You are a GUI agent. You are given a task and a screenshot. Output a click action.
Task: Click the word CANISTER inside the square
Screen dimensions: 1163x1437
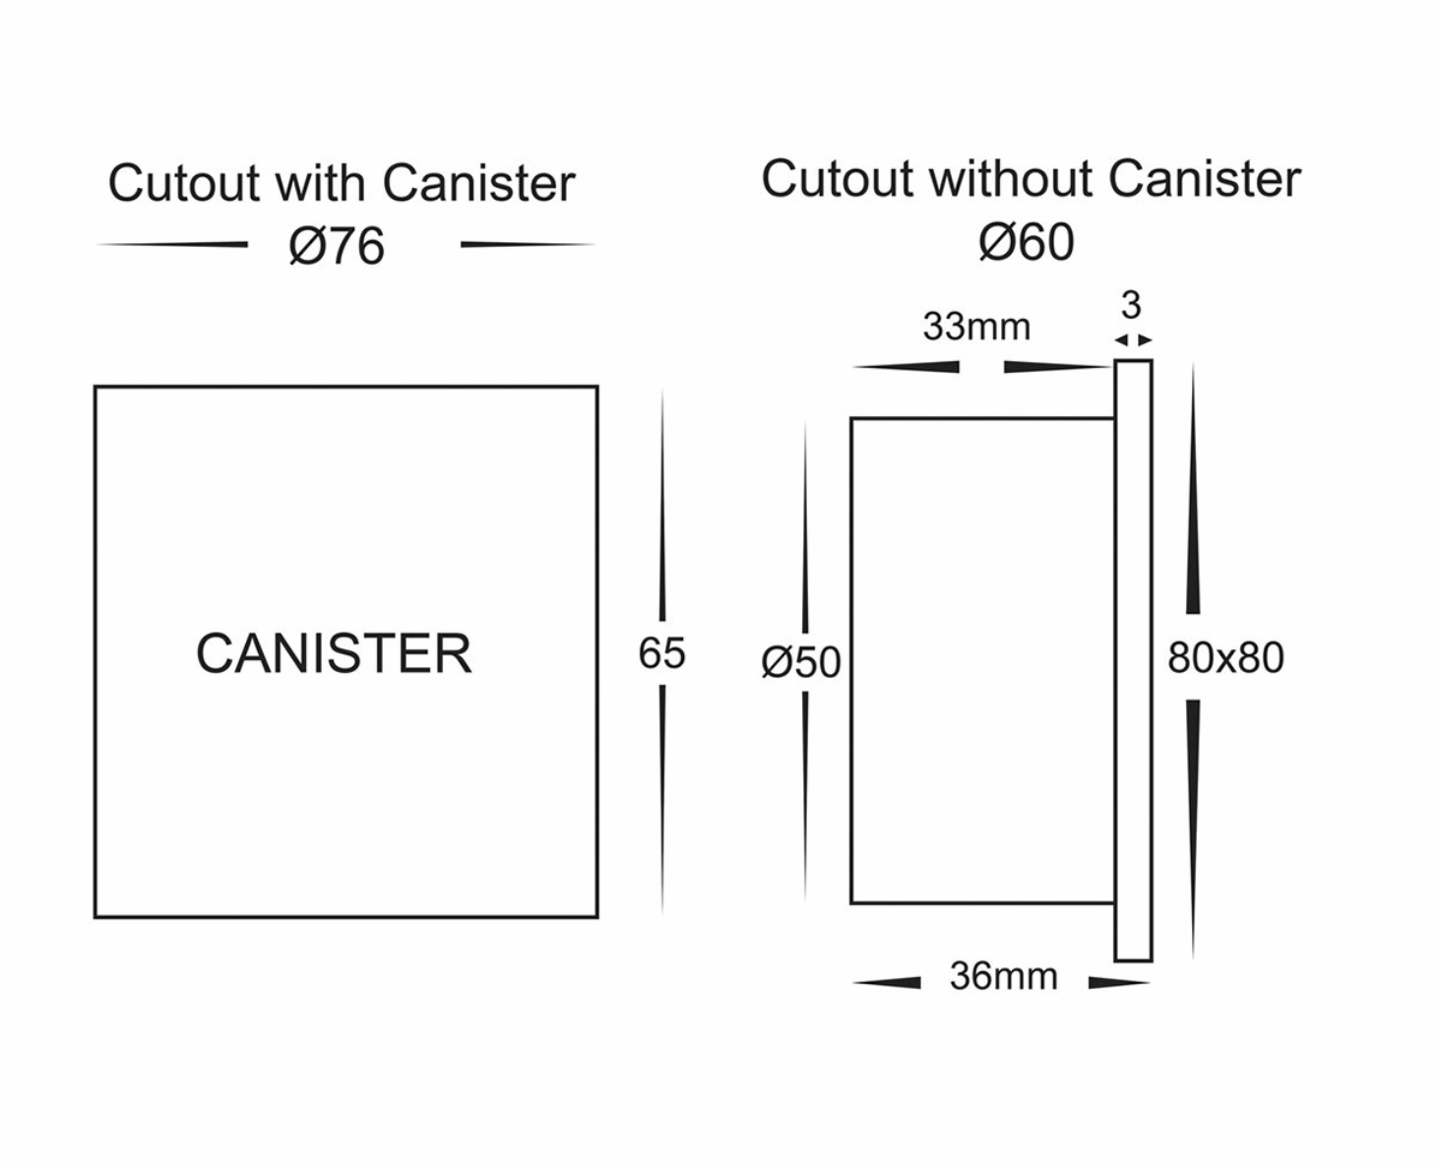pos(334,653)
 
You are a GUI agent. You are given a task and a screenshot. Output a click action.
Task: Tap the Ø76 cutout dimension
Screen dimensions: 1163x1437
pos(337,246)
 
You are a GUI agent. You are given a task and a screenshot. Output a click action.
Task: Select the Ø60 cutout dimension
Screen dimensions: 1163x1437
pos(1026,242)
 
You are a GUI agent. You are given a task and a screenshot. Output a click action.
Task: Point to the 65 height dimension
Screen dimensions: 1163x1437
pos(660,653)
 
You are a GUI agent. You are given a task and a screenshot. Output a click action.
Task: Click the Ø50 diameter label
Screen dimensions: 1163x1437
pos(801,662)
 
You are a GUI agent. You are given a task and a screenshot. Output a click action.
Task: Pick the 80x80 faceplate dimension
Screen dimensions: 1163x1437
pos(1225,658)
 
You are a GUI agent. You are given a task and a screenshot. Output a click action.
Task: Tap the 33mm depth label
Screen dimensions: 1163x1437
pos(976,327)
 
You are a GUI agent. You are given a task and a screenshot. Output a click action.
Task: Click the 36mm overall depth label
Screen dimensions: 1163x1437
pos(1003,976)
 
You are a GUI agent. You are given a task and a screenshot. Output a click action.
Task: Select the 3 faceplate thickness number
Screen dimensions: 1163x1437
pos(1131,305)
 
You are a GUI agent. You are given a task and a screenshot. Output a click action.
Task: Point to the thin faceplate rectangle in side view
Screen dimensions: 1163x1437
pos(1133,660)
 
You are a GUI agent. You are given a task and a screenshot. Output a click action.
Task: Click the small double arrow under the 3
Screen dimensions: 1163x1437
pos(1133,340)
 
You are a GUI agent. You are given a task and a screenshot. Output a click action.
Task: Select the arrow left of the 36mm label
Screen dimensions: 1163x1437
pos(887,982)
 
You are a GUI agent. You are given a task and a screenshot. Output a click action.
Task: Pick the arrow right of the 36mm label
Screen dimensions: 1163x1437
pos(1119,982)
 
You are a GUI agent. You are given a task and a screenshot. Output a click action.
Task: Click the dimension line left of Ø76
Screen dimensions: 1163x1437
pos(173,244)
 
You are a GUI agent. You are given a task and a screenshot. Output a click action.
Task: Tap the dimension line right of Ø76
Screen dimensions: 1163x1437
pos(527,244)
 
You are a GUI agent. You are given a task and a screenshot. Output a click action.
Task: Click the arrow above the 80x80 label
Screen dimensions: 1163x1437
pos(1193,492)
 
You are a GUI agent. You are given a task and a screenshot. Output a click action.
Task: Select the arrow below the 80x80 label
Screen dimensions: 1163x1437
pos(1193,826)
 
